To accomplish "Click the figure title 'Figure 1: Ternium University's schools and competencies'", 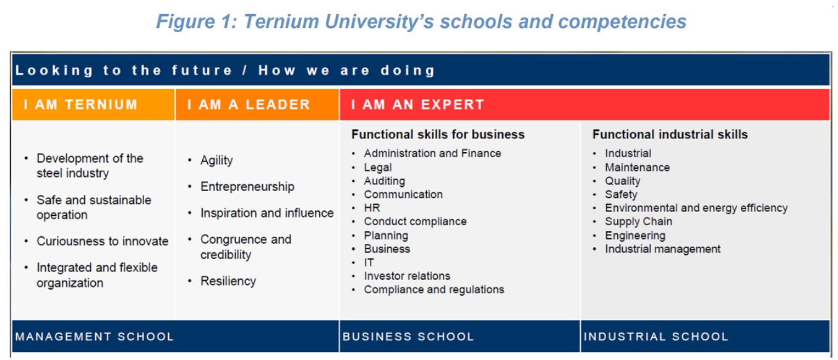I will [x=421, y=22].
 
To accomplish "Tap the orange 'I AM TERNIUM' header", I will [x=80, y=105].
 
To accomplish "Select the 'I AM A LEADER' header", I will [x=248, y=105].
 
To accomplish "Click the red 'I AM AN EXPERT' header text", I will [x=417, y=105].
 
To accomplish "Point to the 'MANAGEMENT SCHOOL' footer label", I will [x=95, y=337].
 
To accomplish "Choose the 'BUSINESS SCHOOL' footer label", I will [x=408, y=337].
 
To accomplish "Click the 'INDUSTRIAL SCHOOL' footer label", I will [x=656, y=337].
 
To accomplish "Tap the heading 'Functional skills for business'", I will [x=438, y=134].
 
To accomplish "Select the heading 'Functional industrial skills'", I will [x=670, y=134].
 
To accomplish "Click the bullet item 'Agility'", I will [x=216, y=160].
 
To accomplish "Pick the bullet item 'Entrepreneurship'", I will [x=247, y=187].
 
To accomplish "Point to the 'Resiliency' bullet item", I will [x=228, y=281].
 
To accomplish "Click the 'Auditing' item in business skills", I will [x=384, y=181].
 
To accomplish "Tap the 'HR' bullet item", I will [x=372, y=208].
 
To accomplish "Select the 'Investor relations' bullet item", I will [x=407, y=276].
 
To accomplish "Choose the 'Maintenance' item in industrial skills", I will [x=637, y=167].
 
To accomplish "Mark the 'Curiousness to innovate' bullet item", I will [x=102, y=241].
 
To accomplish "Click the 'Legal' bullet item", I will [x=377, y=167].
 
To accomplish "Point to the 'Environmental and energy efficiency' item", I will [x=696, y=208].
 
